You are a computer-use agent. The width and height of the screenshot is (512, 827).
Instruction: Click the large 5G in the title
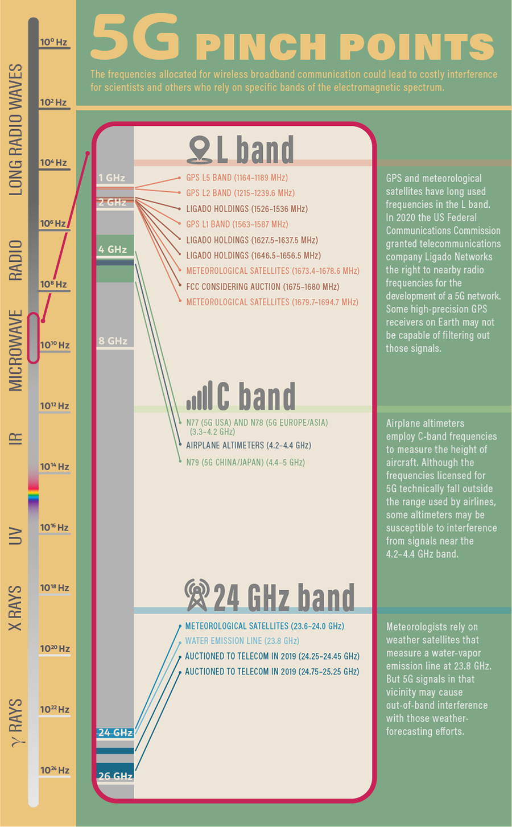tap(134, 38)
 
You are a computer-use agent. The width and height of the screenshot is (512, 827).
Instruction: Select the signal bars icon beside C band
tap(200, 396)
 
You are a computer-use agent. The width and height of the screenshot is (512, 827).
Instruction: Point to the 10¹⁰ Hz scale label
tap(55, 345)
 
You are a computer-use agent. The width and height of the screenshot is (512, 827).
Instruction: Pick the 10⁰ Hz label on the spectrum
tap(53, 42)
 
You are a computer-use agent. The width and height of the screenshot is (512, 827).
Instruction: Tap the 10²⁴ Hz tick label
tap(55, 770)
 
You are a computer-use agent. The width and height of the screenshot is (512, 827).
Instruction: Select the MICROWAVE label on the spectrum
tap(16, 350)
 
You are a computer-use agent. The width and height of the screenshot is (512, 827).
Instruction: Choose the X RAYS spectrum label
tap(15, 608)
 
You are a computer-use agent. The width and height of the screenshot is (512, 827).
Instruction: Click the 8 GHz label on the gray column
tap(113, 341)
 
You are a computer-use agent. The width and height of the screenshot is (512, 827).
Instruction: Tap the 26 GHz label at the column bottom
tap(112, 776)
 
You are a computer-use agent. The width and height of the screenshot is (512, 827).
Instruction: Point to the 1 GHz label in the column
tap(112, 178)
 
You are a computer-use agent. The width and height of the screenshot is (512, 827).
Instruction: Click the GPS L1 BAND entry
tap(237, 224)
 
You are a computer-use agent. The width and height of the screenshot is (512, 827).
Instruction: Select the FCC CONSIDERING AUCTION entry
tap(262, 286)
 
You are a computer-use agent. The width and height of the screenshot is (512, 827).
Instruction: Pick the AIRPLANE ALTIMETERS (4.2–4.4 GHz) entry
tap(249, 445)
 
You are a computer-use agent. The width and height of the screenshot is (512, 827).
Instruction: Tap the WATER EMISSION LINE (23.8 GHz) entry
tap(242, 641)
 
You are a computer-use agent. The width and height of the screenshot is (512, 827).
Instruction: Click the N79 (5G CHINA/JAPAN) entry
tap(245, 462)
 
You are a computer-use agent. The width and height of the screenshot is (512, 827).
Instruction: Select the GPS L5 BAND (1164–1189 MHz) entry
tap(237, 178)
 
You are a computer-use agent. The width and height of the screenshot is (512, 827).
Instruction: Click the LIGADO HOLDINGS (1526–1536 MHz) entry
tap(247, 209)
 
